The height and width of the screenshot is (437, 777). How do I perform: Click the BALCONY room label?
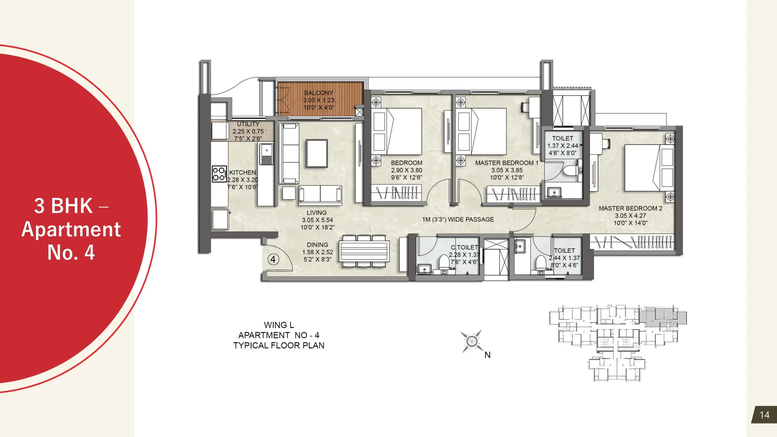pos(318,93)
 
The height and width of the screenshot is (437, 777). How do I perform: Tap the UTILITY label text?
pos(248,124)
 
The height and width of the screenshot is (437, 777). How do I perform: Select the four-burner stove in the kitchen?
pos(219,174)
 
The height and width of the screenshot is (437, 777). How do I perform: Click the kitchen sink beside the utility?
pos(266,154)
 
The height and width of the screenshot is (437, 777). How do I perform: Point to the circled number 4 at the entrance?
pos(273,259)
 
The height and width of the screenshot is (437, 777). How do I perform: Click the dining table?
pos(364,251)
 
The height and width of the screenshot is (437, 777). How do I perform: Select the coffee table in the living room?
pos(317,153)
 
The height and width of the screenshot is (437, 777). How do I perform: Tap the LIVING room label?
pos(316,213)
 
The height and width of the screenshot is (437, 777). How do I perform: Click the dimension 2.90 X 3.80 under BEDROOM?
pos(407,170)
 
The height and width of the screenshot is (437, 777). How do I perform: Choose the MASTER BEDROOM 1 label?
pos(507,163)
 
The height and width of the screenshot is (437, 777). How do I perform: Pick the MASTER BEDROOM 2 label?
pos(630,208)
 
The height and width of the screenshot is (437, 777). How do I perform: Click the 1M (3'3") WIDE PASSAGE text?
pos(458,219)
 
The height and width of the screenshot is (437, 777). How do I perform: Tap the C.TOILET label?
pos(464,248)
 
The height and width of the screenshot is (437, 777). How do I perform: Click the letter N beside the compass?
pos(487,355)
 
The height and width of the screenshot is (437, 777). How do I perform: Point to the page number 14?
pos(764,415)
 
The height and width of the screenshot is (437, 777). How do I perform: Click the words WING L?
pos(279,325)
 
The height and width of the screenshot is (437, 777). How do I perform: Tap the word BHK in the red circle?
pos(72,206)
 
